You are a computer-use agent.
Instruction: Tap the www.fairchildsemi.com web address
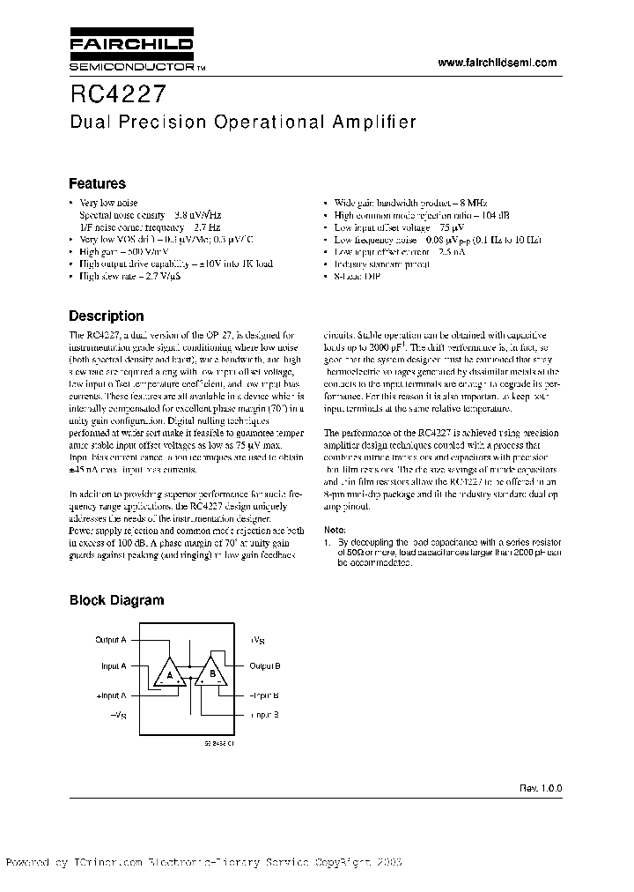pyautogui.click(x=498, y=63)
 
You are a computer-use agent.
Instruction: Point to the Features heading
pyautogui.click(x=97, y=184)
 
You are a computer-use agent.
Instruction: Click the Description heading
pyautogui.click(x=106, y=316)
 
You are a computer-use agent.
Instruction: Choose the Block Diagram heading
pyautogui.click(x=116, y=600)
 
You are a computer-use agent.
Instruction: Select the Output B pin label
pyautogui.click(x=264, y=666)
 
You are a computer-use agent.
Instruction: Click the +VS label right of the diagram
pyautogui.click(x=257, y=640)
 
